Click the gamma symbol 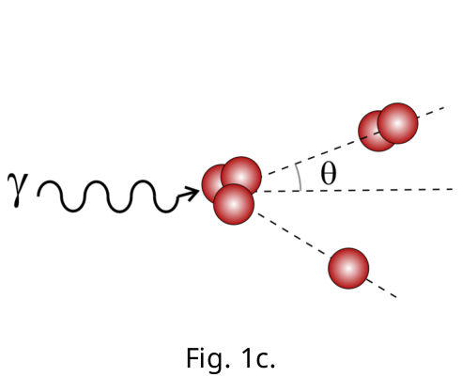tap(18, 190)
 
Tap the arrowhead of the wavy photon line tap(192, 193)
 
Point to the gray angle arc tap(300, 176)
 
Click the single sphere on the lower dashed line tap(348, 268)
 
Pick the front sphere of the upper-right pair tap(397, 123)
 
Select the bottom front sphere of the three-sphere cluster tap(234, 204)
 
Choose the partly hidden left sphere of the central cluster tap(210, 183)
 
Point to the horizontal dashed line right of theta tap(359, 190)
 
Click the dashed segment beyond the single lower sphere tap(382, 288)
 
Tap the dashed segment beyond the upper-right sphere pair tap(431, 113)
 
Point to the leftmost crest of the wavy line tap(50, 182)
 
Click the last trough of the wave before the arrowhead tap(166, 211)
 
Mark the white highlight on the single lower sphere tap(348, 268)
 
